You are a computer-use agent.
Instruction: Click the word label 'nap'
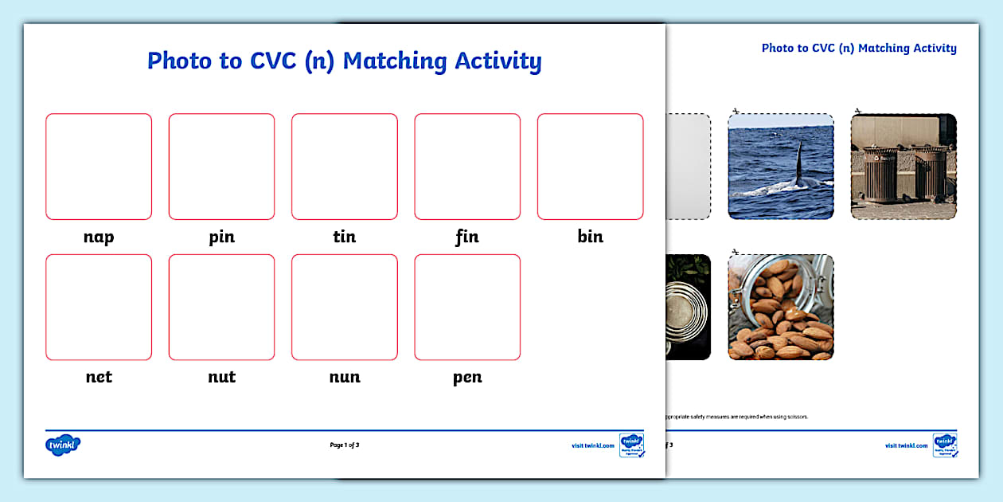tap(99, 237)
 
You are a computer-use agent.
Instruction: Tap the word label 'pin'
tap(221, 237)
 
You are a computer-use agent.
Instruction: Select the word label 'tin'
tap(344, 237)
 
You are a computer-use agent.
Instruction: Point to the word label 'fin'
tap(467, 237)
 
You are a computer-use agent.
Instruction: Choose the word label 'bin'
tap(590, 237)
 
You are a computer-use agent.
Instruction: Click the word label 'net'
tap(99, 377)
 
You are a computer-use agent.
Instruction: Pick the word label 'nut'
tap(221, 377)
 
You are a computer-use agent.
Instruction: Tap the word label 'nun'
tap(344, 377)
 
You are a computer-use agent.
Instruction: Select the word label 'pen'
tap(467, 378)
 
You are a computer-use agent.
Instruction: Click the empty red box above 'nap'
tap(99, 167)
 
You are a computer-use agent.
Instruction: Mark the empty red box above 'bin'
tap(590, 167)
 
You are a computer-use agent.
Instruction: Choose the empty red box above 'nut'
tap(221, 307)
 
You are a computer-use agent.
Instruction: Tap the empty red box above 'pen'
tap(467, 307)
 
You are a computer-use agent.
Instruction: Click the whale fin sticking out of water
tap(798, 163)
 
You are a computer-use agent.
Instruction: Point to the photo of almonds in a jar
tap(781, 307)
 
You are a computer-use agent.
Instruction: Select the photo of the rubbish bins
tap(903, 167)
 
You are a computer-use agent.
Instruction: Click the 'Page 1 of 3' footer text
tap(344, 445)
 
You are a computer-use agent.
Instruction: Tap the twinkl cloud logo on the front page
tap(63, 445)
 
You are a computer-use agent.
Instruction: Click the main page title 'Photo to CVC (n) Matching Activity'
tap(344, 61)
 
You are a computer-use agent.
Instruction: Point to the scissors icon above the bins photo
tap(857, 111)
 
